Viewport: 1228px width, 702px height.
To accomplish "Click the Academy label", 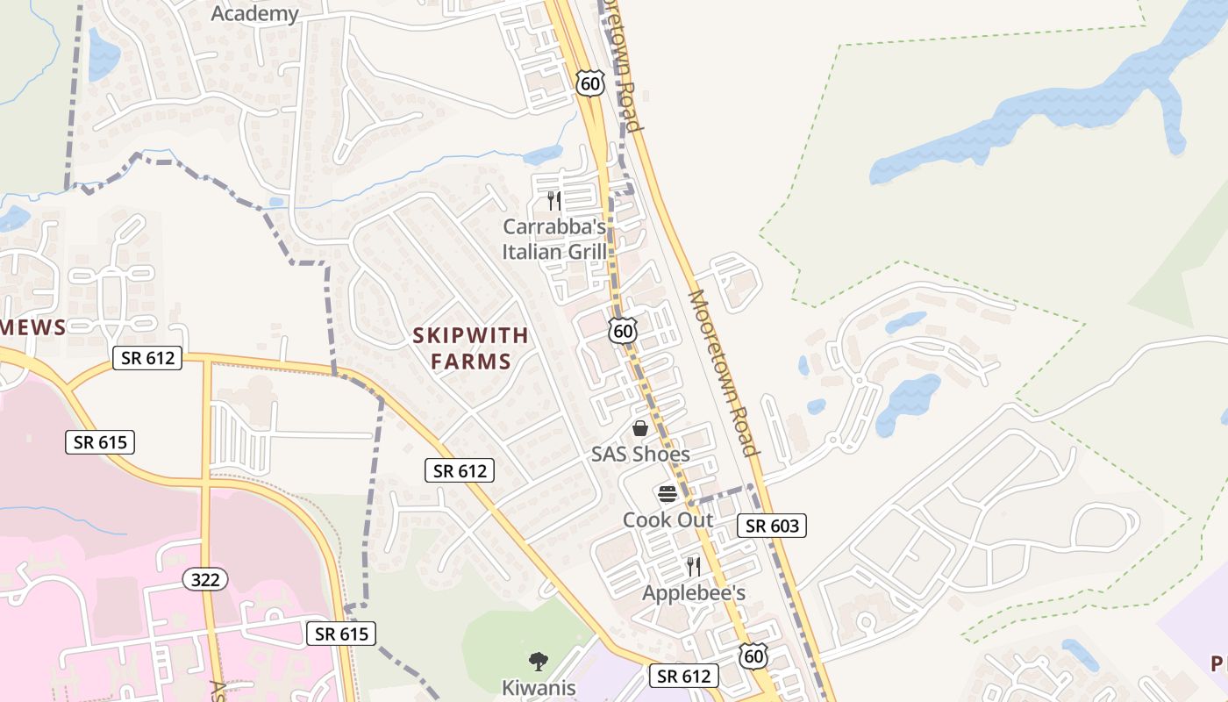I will coord(255,14).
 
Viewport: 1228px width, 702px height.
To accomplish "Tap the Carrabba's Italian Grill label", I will coord(554,240).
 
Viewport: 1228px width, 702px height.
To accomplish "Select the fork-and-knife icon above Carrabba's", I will coord(553,201).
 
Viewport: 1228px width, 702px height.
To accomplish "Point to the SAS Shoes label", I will coord(640,455).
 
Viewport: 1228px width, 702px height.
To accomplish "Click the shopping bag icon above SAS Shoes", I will coord(640,428).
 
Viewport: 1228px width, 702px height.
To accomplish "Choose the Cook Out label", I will coord(668,519).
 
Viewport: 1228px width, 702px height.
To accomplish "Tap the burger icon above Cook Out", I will coord(668,494).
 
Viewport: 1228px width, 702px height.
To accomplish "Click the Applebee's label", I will coord(694,593).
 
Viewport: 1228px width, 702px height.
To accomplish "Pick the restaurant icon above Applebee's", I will coord(693,567).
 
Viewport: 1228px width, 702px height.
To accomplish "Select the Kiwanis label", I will coord(539,687).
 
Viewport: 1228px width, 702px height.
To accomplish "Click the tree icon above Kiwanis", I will coord(538,661).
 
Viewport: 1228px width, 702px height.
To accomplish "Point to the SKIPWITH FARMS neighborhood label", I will coord(471,347).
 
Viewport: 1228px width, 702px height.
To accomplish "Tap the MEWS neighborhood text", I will coord(33,327).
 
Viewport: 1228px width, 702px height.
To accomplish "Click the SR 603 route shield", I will coord(772,526).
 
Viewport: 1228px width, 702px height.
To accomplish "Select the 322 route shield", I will coord(206,579).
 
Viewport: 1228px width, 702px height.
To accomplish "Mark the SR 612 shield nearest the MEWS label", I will coord(147,358).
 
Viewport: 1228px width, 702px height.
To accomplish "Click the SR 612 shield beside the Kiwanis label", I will coord(684,676).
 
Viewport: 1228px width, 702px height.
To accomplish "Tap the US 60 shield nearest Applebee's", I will coord(753,655).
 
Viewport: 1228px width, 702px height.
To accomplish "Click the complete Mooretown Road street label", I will coord(723,373).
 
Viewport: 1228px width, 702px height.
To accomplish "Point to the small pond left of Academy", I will coord(103,54).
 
